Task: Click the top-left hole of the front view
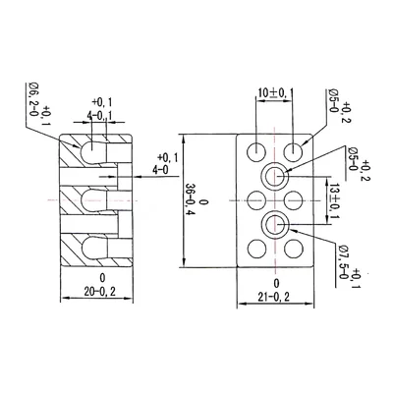point(255,151)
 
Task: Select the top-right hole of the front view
point(294,151)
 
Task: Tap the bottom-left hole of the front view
point(255,251)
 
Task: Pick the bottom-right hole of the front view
point(294,251)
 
